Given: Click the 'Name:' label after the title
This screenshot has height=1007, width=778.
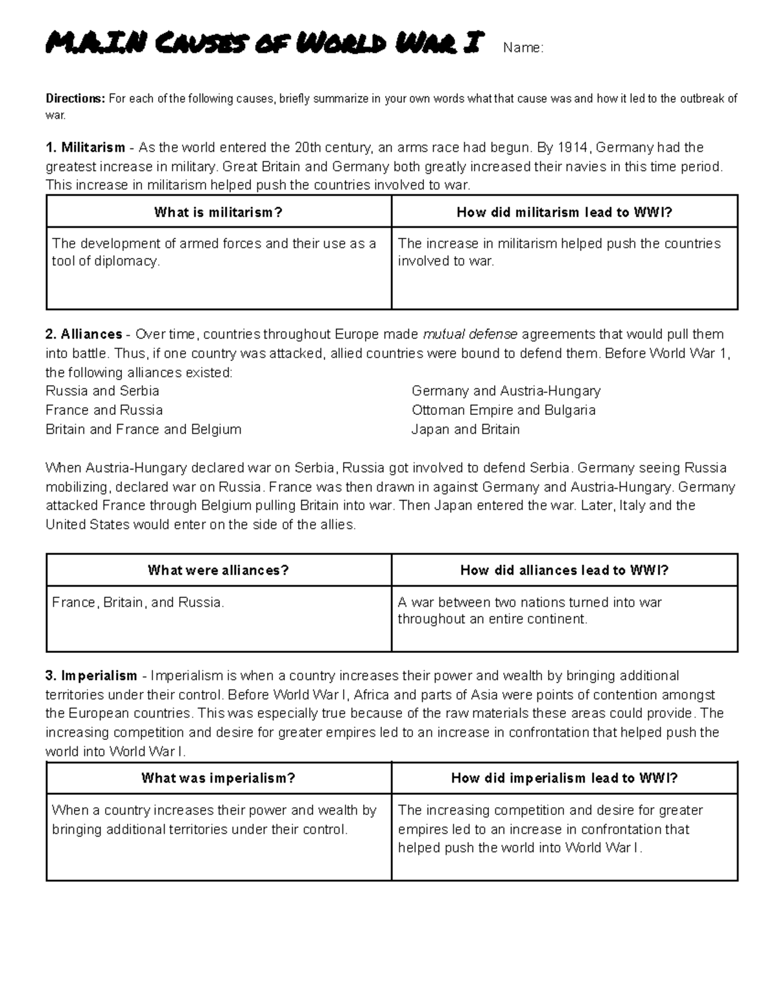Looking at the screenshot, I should click(x=523, y=48).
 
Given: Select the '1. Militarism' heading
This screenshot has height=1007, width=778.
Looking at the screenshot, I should click(x=85, y=148).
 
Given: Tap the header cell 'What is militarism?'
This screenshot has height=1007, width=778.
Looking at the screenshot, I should click(x=218, y=212).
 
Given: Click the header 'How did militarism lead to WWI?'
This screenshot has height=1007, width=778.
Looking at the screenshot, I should click(x=564, y=212).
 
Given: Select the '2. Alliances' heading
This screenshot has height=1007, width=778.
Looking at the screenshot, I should click(x=84, y=335).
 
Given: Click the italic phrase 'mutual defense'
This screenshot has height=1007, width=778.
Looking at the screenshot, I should click(x=470, y=335).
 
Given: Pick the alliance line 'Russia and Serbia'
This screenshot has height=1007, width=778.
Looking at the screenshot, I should click(x=102, y=391).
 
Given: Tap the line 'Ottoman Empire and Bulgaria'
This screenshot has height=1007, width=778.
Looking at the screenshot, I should click(x=503, y=410).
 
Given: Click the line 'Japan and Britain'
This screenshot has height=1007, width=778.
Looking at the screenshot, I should click(x=466, y=429).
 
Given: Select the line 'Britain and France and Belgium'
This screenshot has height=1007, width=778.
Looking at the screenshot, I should click(x=143, y=429).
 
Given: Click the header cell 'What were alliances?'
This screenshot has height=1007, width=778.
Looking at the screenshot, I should click(x=218, y=571).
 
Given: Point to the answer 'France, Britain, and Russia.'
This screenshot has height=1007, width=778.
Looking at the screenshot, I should click(x=137, y=602).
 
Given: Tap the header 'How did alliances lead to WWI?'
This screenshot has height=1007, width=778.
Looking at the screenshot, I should click(x=564, y=571).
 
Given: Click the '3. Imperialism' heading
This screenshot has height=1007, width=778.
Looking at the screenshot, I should click(x=91, y=676).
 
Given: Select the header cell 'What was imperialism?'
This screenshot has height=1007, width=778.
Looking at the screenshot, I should click(x=218, y=778).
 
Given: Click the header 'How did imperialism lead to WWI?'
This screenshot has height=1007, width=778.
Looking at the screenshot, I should click(x=564, y=778).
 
